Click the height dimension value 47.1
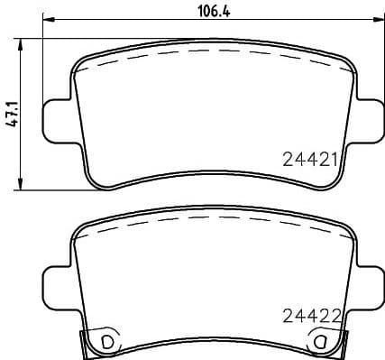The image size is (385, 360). click(12, 115)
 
